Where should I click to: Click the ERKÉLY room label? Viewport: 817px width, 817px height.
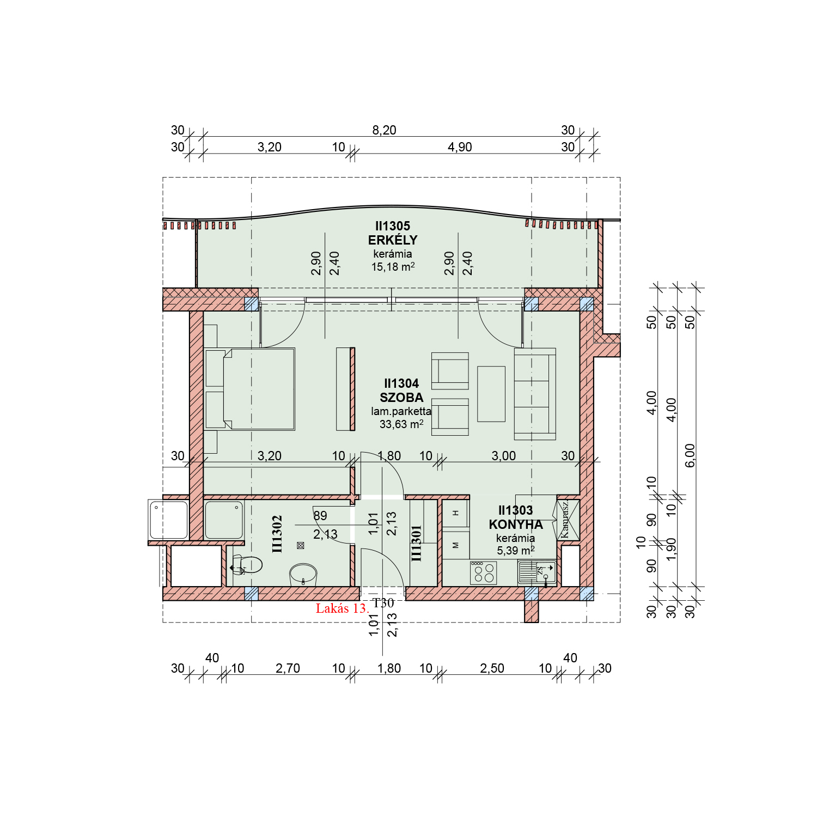393,240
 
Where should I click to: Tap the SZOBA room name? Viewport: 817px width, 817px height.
401,398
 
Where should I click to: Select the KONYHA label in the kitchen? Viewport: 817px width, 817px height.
516,525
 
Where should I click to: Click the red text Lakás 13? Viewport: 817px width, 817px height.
342,608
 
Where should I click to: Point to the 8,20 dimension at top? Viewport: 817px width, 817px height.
384,130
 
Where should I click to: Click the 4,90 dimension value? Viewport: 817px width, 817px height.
460,147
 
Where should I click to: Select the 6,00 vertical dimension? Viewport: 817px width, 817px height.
690,455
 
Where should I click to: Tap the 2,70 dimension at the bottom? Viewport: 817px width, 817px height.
288,668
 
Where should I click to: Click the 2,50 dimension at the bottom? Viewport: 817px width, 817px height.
492,668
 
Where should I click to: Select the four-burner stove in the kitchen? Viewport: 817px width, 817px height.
484,573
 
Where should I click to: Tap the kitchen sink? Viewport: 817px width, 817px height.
537,572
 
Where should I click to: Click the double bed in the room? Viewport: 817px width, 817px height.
251,389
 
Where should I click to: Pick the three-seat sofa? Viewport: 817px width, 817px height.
535,394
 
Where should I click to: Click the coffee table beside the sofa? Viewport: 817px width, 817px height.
491,394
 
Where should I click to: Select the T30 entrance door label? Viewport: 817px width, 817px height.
383,603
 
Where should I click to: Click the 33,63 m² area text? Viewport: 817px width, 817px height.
401,424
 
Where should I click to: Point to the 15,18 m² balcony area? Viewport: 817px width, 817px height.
393,267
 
